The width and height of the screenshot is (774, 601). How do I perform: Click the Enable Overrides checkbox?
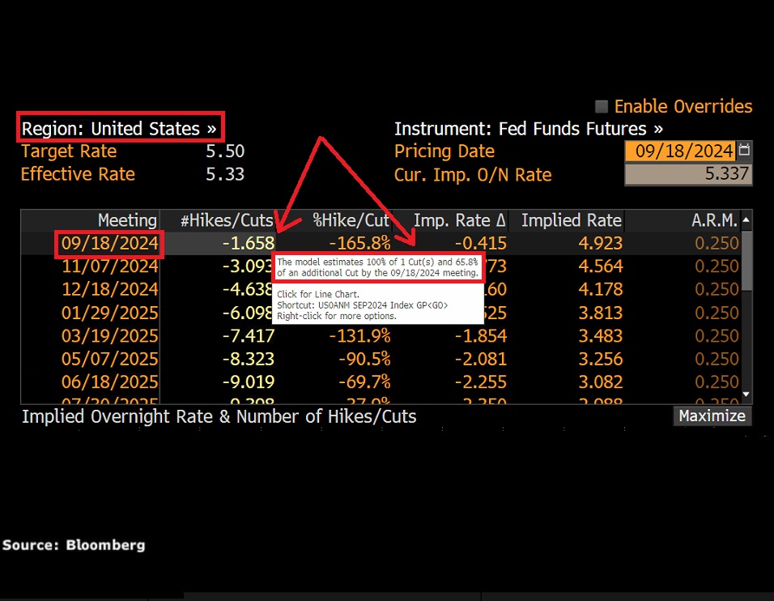point(602,107)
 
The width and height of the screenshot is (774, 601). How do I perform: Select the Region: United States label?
point(119,129)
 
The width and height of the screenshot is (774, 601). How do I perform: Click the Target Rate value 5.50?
point(225,151)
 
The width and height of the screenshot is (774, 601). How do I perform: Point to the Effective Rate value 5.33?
point(225,174)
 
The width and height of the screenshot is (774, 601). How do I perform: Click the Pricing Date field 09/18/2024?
point(684,151)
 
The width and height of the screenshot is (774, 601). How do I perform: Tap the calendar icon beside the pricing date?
point(745,151)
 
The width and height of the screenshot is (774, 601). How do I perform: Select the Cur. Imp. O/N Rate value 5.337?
point(727,174)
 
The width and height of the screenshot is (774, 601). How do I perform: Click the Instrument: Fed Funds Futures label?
point(528,129)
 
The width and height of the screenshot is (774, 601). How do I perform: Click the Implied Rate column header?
point(572,220)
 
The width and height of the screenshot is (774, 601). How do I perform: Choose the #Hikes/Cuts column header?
point(226,220)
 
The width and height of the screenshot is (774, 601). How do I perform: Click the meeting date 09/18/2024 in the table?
point(108,243)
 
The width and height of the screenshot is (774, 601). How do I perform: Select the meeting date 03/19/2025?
point(108,335)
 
